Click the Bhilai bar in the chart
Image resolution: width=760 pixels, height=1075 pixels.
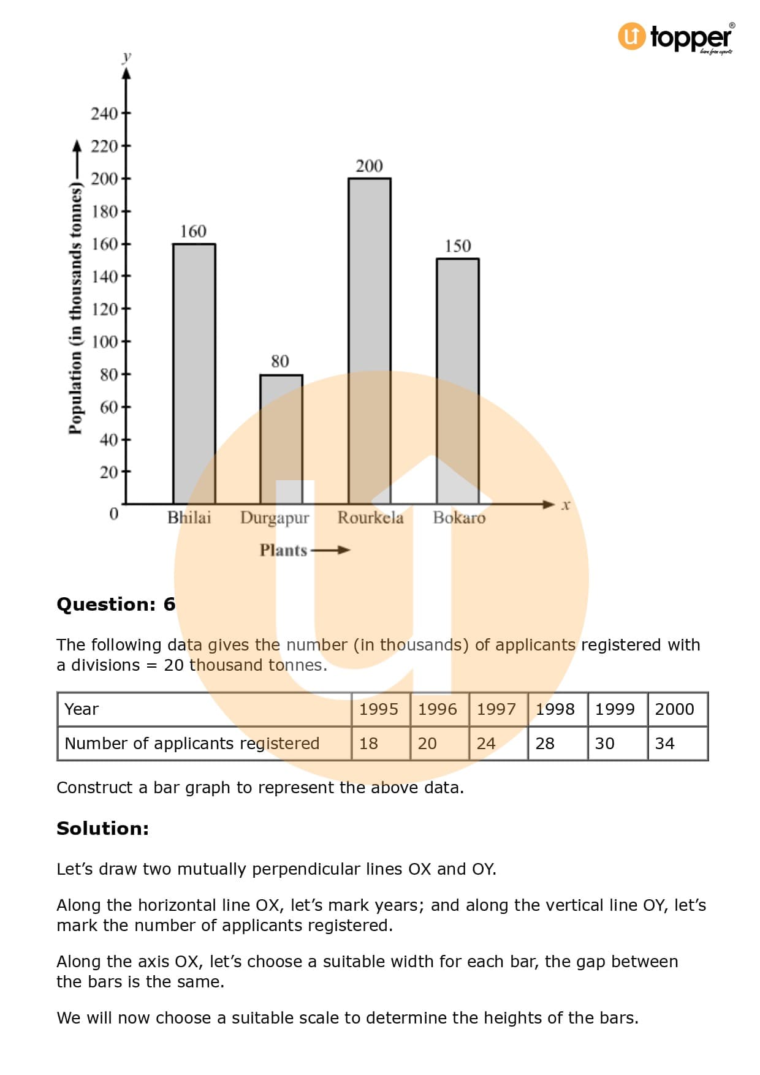[x=194, y=374]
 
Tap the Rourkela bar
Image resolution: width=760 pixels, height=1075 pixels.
[x=370, y=341]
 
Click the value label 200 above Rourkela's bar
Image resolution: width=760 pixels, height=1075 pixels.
[x=369, y=166]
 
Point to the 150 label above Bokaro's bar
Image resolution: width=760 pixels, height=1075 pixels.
[x=457, y=246]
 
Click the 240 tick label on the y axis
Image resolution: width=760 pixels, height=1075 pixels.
[x=104, y=114]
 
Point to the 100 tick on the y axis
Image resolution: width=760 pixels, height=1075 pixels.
[x=104, y=342]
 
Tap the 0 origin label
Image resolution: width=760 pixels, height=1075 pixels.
[x=114, y=513]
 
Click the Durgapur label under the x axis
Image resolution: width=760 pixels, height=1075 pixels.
[x=275, y=518]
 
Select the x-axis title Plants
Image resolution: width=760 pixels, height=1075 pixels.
[x=283, y=550]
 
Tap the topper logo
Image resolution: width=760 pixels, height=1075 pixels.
[x=675, y=37]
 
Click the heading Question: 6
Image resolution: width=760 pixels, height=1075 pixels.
[x=116, y=605]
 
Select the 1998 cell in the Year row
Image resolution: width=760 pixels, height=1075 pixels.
[x=555, y=709]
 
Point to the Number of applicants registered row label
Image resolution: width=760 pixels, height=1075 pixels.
[x=192, y=744]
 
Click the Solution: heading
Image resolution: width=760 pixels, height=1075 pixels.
[x=102, y=829]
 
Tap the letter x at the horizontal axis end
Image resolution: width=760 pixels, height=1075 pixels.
[x=566, y=505]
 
